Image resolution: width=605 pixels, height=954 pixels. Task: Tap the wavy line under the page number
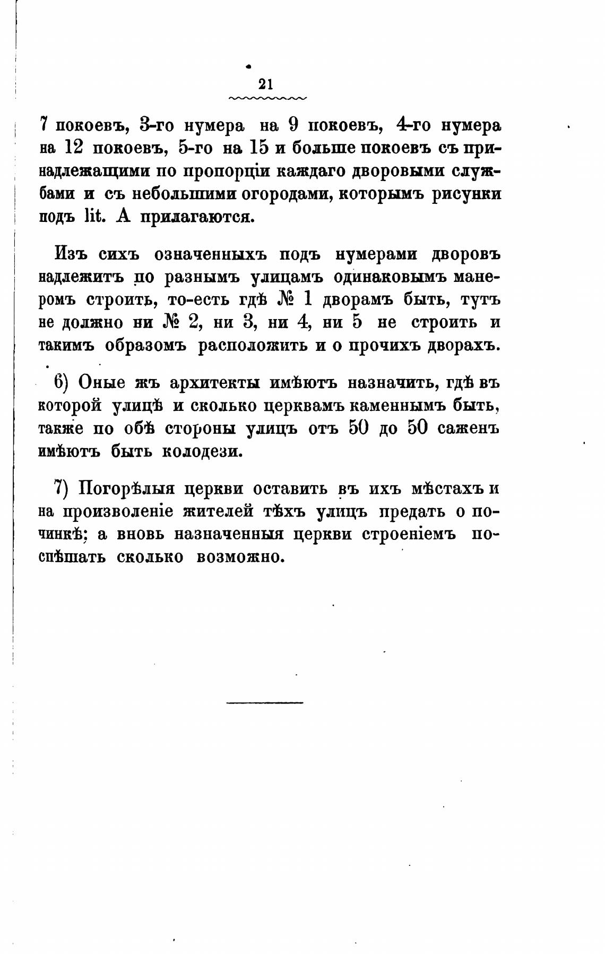pyautogui.click(x=267, y=98)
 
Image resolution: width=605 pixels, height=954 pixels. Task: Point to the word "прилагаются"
pyautogui.click(x=194, y=217)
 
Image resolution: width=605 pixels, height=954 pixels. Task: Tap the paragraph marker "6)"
pyautogui.click(x=63, y=382)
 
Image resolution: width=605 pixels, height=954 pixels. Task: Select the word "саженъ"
pyautogui.click(x=468, y=428)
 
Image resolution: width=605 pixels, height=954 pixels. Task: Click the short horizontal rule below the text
pyautogui.click(x=265, y=703)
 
